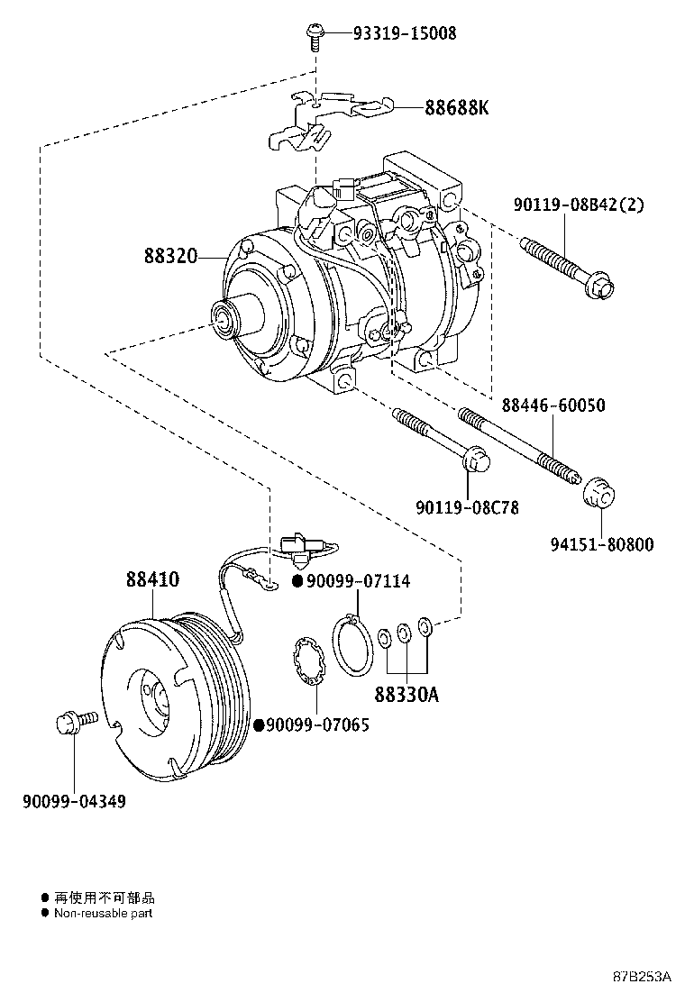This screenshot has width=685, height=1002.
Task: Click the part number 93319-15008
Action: [x=405, y=33]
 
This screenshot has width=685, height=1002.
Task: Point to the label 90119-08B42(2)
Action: [x=579, y=205]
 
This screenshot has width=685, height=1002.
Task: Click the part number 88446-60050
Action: [x=553, y=405]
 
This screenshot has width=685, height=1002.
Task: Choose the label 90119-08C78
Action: [x=467, y=508]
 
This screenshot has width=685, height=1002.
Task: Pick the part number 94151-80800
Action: [x=602, y=544]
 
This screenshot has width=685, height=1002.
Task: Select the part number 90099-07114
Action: [x=358, y=582]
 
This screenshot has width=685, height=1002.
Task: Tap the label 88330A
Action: [x=407, y=696]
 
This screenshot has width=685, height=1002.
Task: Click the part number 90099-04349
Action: [x=74, y=800]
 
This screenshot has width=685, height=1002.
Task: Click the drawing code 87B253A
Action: [x=643, y=977]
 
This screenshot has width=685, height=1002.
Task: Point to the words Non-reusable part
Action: [x=103, y=913]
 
